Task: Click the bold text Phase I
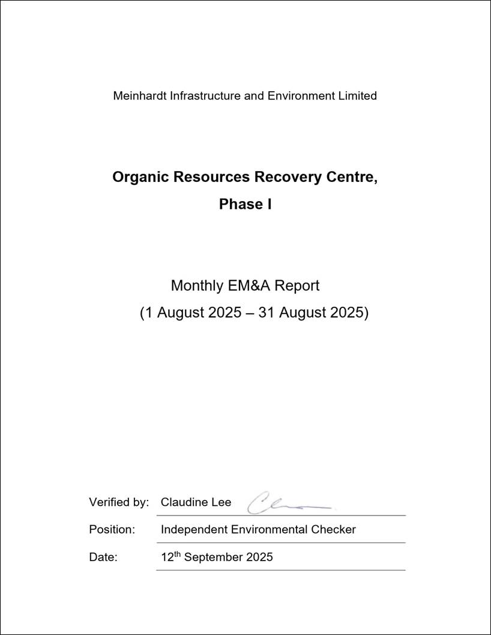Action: click(245, 204)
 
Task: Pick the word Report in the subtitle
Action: click(299, 286)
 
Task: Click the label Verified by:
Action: click(119, 502)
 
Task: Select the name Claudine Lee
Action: click(196, 502)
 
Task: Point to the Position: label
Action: click(112, 529)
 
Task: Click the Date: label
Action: click(103, 557)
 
